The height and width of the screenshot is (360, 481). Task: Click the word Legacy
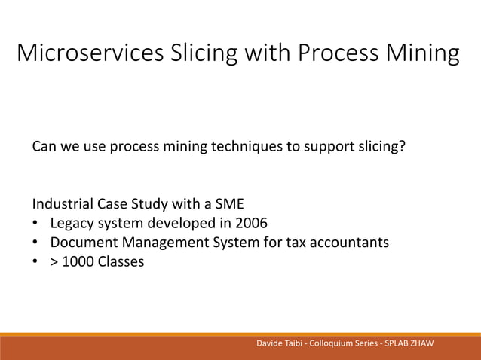pyautogui.click(x=70, y=224)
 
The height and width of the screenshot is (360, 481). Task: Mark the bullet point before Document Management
pyautogui.click(x=35, y=243)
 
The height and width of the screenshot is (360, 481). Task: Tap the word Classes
pyautogui.click(x=120, y=263)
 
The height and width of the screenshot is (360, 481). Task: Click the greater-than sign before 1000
pyautogui.click(x=55, y=263)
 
